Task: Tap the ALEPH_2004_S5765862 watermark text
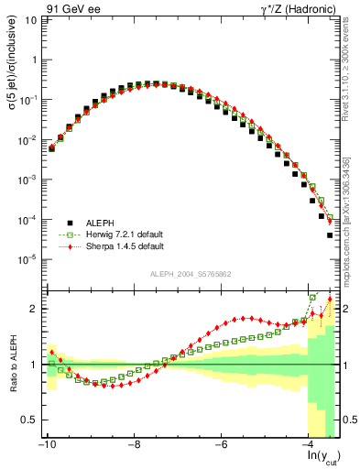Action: (191, 275)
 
